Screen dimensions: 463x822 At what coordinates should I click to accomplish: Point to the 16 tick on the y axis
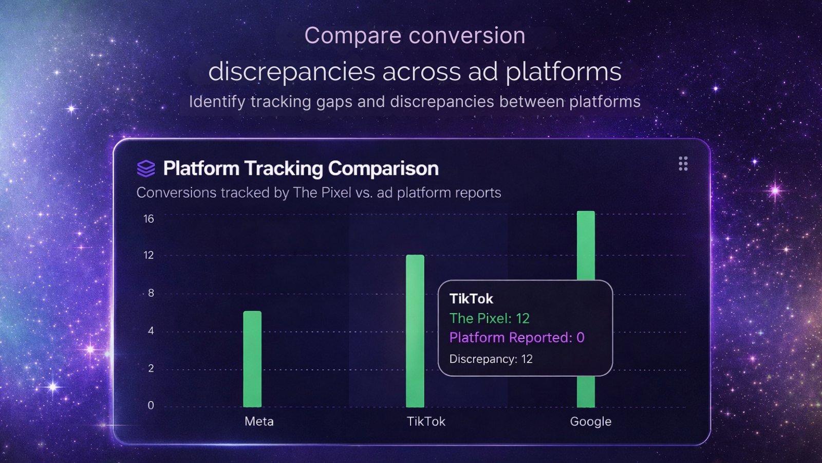pyautogui.click(x=148, y=219)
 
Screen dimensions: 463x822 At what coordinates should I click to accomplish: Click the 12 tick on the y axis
pyautogui.click(x=148, y=255)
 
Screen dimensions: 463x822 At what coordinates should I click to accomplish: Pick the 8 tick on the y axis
pyautogui.click(x=151, y=293)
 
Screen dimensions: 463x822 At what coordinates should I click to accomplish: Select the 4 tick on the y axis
pyautogui.click(x=151, y=331)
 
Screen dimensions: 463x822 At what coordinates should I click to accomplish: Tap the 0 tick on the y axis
pyautogui.click(x=151, y=405)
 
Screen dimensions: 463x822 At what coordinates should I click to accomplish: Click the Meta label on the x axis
pyautogui.click(x=259, y=421)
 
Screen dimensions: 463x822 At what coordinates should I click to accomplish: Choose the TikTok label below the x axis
pyautogui.click(x=426, y=421)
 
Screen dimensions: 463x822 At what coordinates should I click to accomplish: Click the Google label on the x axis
pyautogui.click(x=590, y=421)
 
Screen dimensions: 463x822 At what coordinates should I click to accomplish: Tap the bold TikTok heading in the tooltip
pyautogui.click(x=471, y=299)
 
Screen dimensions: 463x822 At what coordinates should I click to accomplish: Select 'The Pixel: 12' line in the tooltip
pyautogui.click(x=489, y=318)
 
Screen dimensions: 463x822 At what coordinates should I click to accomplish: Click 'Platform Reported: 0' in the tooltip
pyautogui.click(x=516, y=337)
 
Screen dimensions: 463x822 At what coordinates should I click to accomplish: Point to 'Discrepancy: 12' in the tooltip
pyautogui.click(x=491, y=359)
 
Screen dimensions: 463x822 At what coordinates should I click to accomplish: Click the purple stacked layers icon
pyautogui.click(x=146, y=168)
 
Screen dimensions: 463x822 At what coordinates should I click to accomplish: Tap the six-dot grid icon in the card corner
pyautogui.click(x=683, y=164)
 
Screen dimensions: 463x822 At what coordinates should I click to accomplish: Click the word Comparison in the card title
pyautogui.click(x=383, y=169)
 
